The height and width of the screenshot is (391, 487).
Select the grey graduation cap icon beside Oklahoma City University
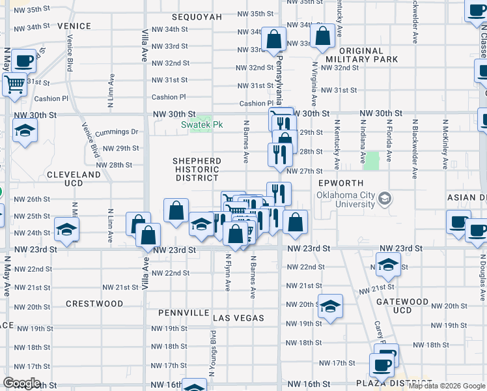coord(385,198)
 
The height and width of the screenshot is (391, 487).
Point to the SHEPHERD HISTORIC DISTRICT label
coord(197,169)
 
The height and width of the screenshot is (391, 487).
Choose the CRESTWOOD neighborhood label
coord(94,304)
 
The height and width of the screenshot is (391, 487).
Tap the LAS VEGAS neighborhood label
coord(239,318)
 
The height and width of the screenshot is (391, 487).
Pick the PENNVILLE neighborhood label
coord(183,313)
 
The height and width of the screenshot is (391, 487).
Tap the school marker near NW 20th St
coord(330,306)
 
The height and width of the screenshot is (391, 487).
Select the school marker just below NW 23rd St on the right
coord(387,264)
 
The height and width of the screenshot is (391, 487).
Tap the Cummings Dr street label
coord(117,132)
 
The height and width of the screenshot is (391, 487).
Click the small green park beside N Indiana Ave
coord(372,161)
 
